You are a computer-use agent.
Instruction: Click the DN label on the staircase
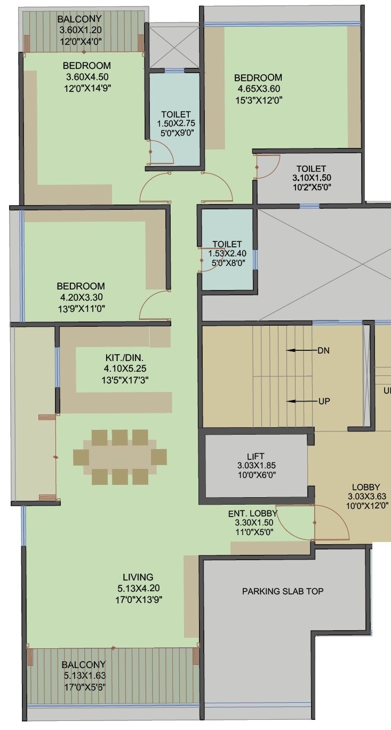tap(323, 351)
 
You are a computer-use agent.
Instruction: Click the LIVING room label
tap(138, 577)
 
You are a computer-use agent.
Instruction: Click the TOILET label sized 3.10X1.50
tap(311, 169)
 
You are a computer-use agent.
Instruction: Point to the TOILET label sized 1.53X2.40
tap(227, 245)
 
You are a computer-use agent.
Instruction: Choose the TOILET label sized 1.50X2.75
tap(175, 114)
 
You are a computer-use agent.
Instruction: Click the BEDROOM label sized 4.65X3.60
tap(258, 77)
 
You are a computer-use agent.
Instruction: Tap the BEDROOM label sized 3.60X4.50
tap(87, 66)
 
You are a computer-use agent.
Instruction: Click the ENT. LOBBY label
tap(252, 513)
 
